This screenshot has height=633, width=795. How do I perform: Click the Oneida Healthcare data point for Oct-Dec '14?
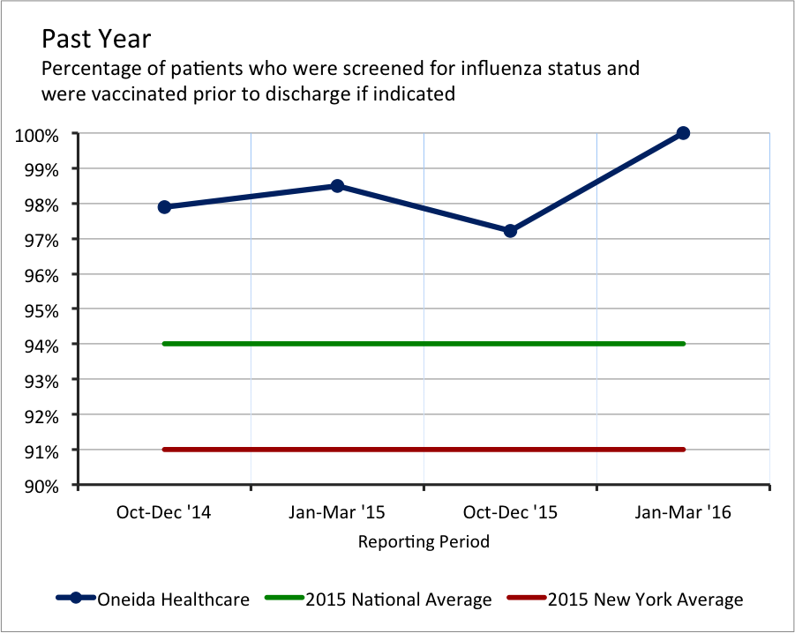pyautogui.click(x=164, y=206)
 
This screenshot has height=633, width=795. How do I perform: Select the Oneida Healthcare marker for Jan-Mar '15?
pyautogui.click(x=337, y=186)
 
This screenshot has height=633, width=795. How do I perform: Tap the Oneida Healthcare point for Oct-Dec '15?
pyautogui.click(x=510, y=231)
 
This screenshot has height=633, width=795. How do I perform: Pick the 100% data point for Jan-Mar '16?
pyautogui.click(x=683, y=133)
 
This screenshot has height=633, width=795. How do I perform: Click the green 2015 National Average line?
pyautogui.click(x=424, y=344)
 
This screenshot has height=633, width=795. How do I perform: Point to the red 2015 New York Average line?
pyautogui.click(x=424, y=450)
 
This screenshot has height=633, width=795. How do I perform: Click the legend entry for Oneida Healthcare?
pyautogui.click(x=173, y=599)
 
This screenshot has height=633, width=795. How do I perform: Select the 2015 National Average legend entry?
pyautogui.click(x=398, y=599)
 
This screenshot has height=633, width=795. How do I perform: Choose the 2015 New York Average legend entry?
pyautogui.click(x=645, y=599)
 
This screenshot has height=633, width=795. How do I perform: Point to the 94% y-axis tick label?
pyautogui.click(x=41, y=346)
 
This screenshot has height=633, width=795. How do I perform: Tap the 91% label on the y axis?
pyautogui.click(x=41, y=451)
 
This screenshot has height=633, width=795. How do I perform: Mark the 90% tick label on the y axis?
pyautogui.click(x=41, y=487)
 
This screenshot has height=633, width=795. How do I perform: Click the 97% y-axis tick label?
pyautogui.click(x=41, y=240)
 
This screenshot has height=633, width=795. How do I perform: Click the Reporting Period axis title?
pyautogui.click(x=424, y=541)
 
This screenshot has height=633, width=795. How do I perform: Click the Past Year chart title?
pyautogui.click(x=96, y=40)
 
